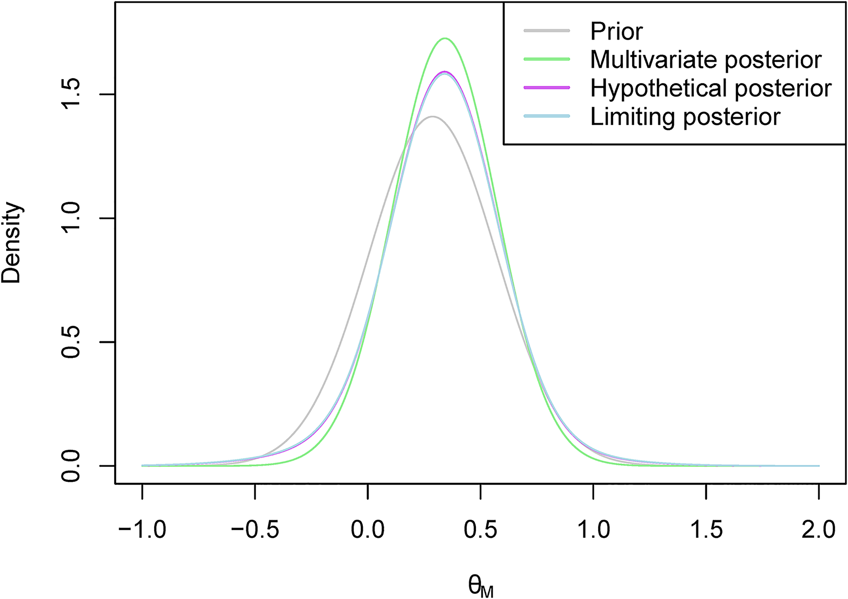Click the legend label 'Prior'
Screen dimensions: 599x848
pos(616,31)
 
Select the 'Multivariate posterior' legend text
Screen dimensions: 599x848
pos(706,60)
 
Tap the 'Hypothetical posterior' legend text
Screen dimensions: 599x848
pos(711,88)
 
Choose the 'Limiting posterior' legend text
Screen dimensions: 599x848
pos(685,117)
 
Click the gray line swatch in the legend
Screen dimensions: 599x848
pos(547,31)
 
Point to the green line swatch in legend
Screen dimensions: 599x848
pos(547,59)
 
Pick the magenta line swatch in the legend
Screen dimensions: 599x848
pos(547,87)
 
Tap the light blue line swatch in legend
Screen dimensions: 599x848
pos(547,116)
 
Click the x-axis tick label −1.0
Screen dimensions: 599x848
pos(142,529)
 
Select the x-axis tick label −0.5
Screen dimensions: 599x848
pos(254,529)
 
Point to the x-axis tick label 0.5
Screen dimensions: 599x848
pos(481,529)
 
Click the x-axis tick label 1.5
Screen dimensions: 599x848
pos(706,529)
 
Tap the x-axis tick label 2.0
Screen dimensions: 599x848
pos(819,529)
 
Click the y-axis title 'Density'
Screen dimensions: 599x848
pos(12,243)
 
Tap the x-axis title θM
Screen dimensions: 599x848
pos(481,586)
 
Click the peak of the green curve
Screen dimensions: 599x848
pos(445,38)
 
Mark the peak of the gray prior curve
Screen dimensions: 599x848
pos(433,117)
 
